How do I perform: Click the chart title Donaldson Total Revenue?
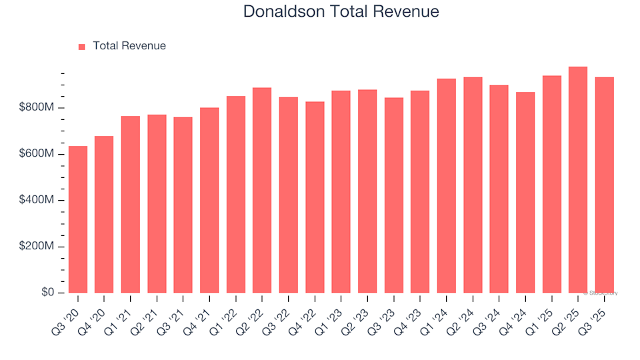(341, 11)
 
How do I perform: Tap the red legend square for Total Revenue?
(82, 47)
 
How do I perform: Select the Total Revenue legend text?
(129, 46)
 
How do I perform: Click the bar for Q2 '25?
(578, 180)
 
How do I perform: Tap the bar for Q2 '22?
(262, 190)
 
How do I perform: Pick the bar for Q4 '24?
(525, 193)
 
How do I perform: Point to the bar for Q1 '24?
(447, 186)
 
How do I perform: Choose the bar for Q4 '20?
(104, 215)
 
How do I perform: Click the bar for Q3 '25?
(605, 185)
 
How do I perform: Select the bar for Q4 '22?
(315, 197)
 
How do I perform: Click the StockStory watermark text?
(601, 293)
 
